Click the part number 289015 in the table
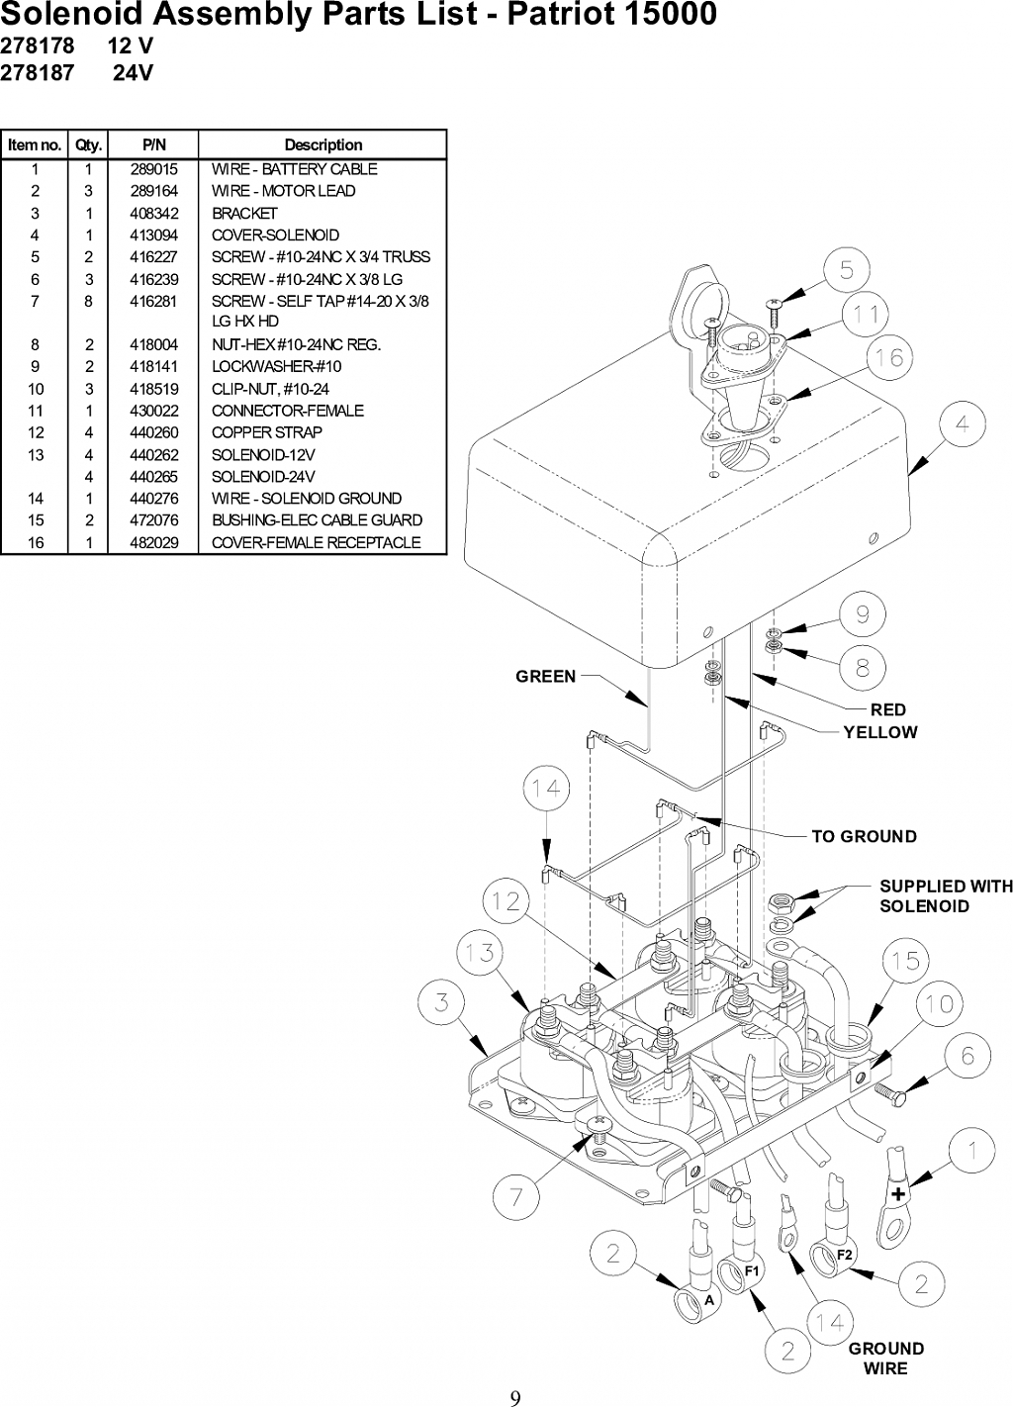click(154, 169)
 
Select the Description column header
click(323, 145)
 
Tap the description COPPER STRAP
click(267, 432)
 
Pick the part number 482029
click(154, 542)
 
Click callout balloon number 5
click(847, 269)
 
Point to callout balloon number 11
click(866, 314)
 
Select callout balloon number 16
click(889, 358)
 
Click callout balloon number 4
click(963, 424)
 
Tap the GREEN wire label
click(546, 677)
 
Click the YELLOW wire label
click(880, 732)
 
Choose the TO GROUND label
click(865, 837)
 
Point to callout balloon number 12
click(506, 902)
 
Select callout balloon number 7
click(515, 1197)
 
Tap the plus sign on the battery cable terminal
click(898, 1193)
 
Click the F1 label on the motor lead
click(752, 1271)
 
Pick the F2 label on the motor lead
click(845, 1255)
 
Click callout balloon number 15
click(906, 961)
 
